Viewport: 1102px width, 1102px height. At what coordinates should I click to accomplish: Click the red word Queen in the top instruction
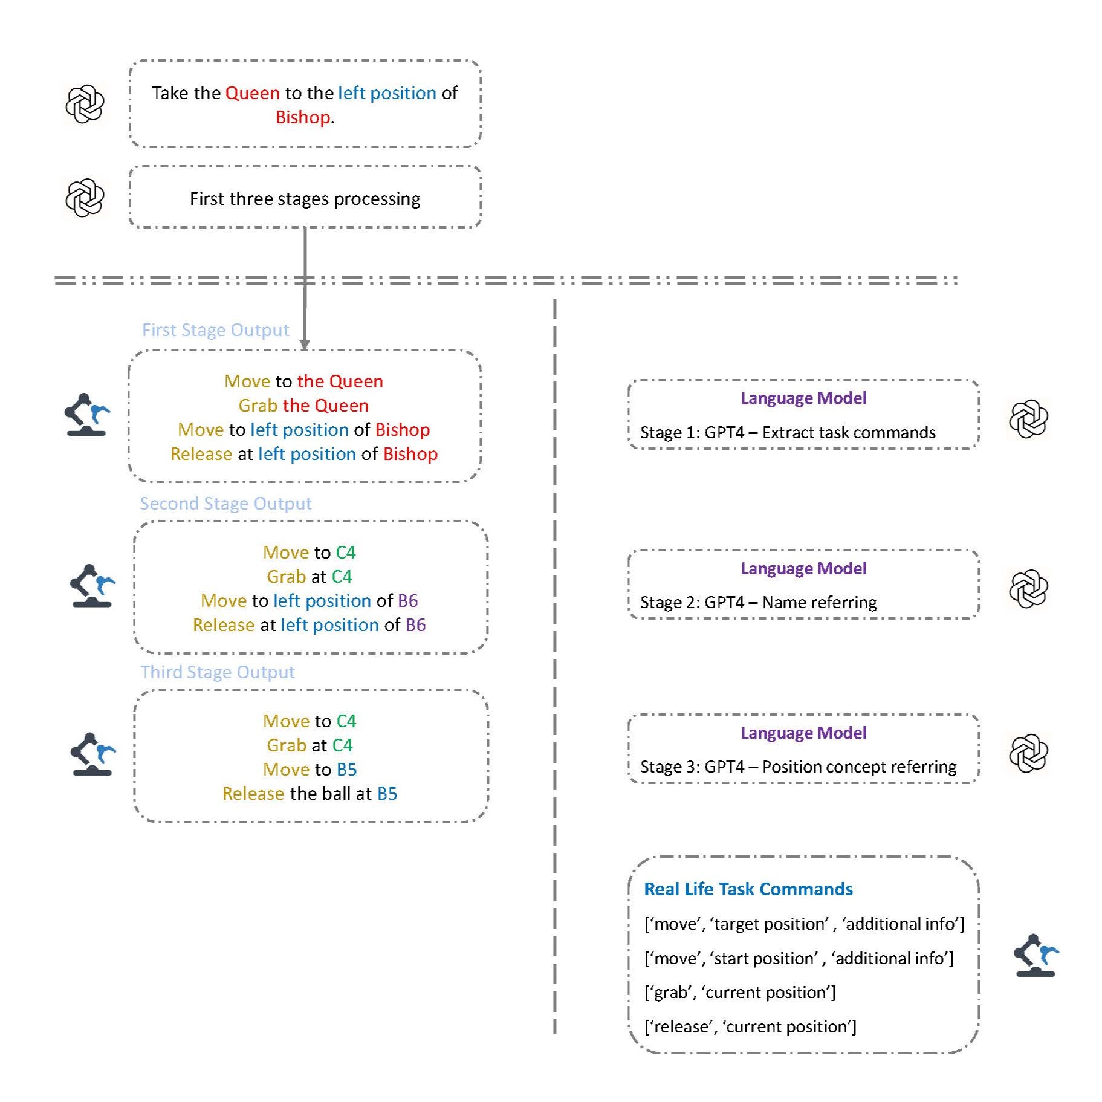click(x=252, y=93)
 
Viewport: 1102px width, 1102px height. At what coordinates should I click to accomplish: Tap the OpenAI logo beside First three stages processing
click(x=85, y=198)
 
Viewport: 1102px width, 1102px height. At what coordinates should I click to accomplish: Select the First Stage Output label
click(x=215, y=330)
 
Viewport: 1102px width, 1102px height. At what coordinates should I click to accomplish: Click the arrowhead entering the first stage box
click(x=305, y=345)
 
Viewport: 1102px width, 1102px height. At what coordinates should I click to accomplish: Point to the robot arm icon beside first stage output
click(x=86, y=415)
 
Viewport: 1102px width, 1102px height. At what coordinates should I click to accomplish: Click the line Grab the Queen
click(x=303, y=406)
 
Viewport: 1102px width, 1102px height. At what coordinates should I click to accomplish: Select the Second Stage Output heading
click(x=225, y=504)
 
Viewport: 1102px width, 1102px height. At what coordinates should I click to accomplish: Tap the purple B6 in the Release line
click(x=415, y=625)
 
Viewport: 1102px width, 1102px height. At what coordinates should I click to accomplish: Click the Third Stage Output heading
click(x=218, y=672)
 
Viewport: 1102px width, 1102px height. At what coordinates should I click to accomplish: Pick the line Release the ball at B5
click(x=310, y=794)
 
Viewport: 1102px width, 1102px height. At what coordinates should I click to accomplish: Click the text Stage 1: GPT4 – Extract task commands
click(x=787, y=433)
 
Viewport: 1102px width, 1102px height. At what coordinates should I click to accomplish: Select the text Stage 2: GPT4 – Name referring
click(x=758, y=603)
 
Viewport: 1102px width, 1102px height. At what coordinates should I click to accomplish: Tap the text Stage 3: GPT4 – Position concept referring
click(x=798, y=767)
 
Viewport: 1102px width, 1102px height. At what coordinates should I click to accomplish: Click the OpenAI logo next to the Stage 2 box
click(x=1028, y=589)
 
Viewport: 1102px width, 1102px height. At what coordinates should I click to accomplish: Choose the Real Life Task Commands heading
click(x=748, y=889)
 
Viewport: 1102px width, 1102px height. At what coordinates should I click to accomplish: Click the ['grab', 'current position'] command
click(x=740, y=993)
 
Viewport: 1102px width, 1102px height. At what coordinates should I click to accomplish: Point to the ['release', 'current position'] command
click(x=750, y=1027)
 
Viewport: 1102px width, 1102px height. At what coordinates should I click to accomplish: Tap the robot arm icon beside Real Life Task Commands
click(x=1035, y=956)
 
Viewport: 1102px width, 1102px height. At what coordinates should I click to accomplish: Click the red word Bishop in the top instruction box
click(x=302, y=117)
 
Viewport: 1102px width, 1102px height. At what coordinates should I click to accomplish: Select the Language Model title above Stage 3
click(x=803, y=733)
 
